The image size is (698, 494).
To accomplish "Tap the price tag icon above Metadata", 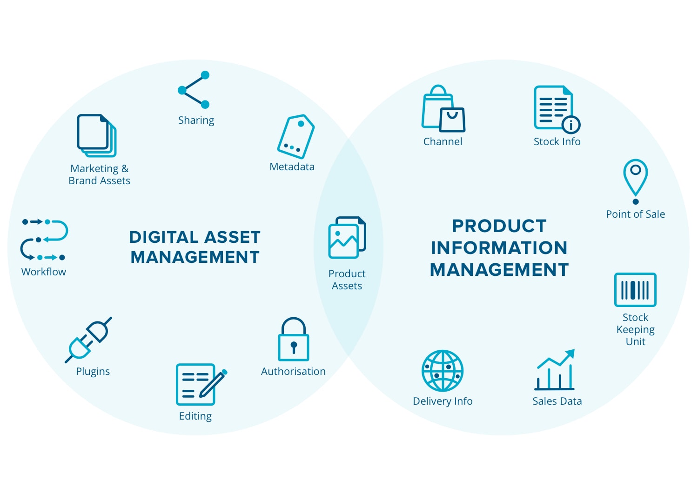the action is click(295, 136).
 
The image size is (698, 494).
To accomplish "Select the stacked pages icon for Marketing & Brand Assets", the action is click(97, 135).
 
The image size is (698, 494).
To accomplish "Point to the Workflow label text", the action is click(44, 272).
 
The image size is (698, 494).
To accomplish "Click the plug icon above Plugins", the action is click(88, 340).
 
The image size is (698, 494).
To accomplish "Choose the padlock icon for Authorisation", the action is click(294, 339).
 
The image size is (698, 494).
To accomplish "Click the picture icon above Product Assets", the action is click(347, 238).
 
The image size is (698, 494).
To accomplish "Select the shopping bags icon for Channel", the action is click(443, 108).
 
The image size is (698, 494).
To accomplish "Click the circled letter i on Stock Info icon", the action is click(571, 125).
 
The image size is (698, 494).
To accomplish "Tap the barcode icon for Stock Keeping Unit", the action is click(635, 290).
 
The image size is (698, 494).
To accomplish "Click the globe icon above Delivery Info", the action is click(443, 371).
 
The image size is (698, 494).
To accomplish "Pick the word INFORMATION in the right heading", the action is click(499, 248).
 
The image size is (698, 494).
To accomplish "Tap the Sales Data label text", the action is click(557, 401).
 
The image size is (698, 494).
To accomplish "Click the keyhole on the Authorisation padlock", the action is click(294, 347).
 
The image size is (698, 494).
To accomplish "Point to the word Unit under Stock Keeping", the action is click(635, 342).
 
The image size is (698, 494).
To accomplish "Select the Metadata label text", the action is click(292, 167).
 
